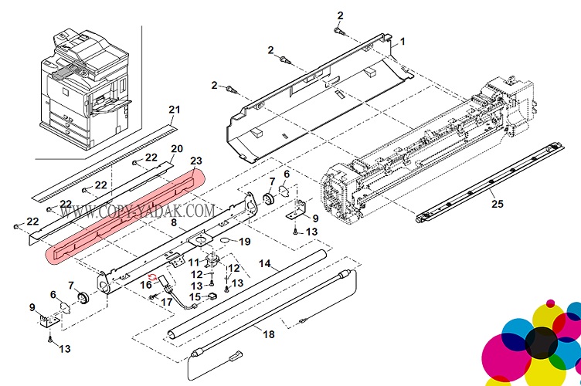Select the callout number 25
pyautogui.click(x=495, y=204)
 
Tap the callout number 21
pyautogui.click(x=174, y=108)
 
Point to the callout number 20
pyautogui.click(x=176, y=148)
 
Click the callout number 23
pyautogui.click(x=195, y=161)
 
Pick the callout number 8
pyautogui.click(x=174, y=223)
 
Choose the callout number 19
pyautogui.click(x=245, y=242)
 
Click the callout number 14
pyautogui.click(x=264, y=264)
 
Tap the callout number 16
pyautogui.click(x=145, y=285)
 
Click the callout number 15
pyautogui.click(x=195, y=297)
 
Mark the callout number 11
pyautogui.click(x=193, y=263)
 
